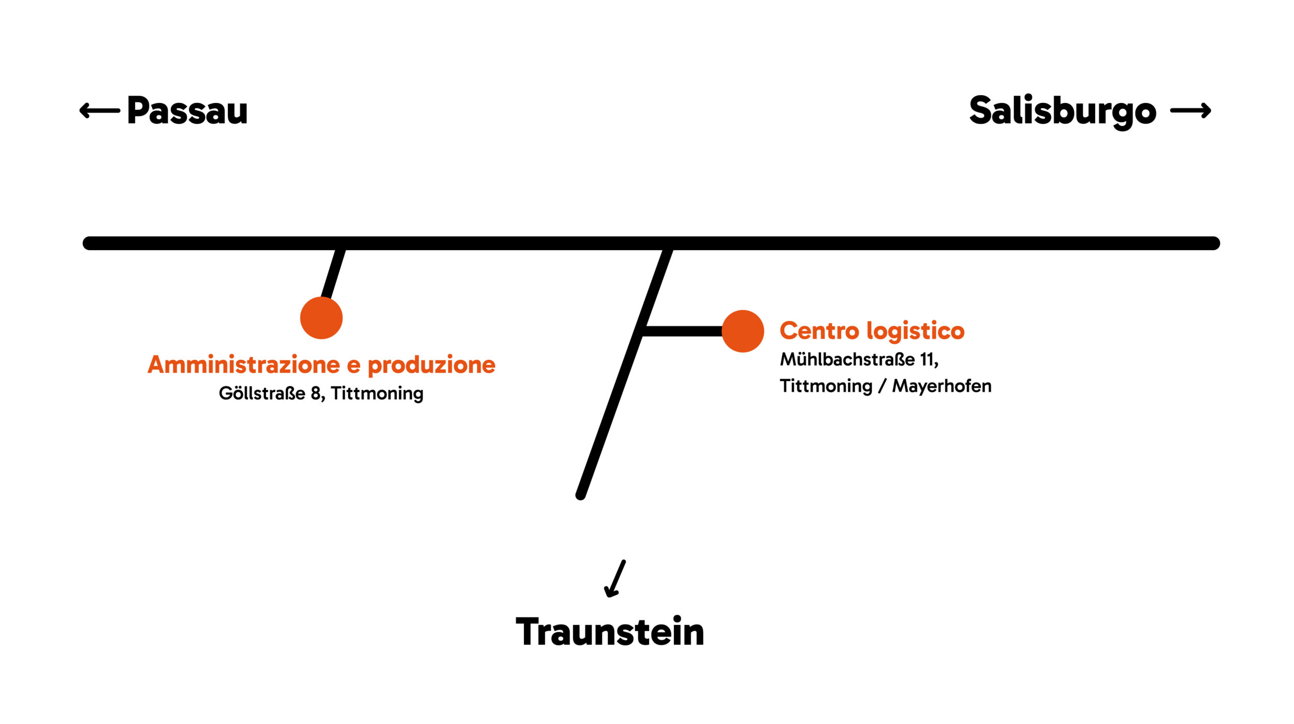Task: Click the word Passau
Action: pos(187,110)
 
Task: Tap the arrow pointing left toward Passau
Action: pos(99,110)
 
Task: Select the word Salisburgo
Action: pos(1063,111)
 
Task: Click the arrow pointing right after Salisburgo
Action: pos(1190,110)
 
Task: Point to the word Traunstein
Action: pos(610,631)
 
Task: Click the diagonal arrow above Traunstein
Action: pos(615,579)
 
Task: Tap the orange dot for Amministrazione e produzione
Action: pos(321,318)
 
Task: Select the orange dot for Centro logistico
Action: pos(743,331)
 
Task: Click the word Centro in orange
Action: pos(819,331)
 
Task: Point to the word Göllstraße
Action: pos(262,393)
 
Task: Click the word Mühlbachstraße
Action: pos(847,359)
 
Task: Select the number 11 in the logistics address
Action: pos(929,360)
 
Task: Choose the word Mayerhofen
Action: pos(942,387)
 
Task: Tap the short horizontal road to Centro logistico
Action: pos(682,331)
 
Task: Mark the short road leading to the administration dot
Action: pos(333,274)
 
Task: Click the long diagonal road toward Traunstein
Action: pos(624,373)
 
